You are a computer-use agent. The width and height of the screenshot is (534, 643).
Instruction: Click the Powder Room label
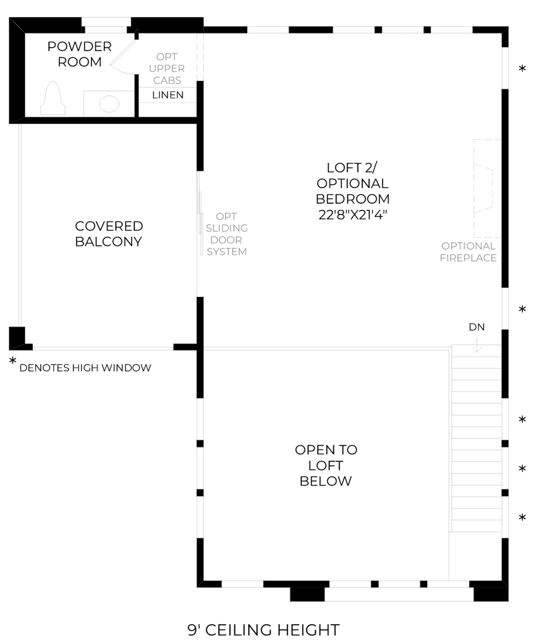pyautogui.click(x=79, y=54)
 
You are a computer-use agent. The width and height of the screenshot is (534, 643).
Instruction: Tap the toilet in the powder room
pyautogui.click(x=53, y=99)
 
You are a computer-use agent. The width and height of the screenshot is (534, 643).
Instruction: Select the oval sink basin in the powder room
pyautogui.click(x=109, y=104)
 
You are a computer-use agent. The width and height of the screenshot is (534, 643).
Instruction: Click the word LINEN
pyautogui.click(x=168, y=95)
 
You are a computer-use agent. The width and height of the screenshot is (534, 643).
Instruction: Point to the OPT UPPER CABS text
pyautogui.click(x=167, y=69)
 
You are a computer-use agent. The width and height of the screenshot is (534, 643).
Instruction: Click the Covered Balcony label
pyautogui.click(x=109, y=234)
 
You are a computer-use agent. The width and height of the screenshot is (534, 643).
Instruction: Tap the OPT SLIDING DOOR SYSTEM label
pyautogui.click(x=227, y=234)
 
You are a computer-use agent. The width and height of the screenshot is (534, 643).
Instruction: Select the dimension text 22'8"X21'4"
pyautogui.click(x=353, y=215)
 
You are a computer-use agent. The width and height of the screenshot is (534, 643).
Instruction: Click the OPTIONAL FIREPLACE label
pyautogui.click(x=468, y=252)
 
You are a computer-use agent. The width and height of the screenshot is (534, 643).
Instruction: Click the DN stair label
pyautogui.click(x=477, y=327)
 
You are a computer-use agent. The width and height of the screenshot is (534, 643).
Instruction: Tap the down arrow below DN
pyautogui.click(x=477, y=345)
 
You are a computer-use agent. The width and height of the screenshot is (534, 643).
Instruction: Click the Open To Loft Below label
pyautogui.click(x=326, y=466)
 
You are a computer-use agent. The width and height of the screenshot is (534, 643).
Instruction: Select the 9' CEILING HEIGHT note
pyautogui.click(x=263, y=630)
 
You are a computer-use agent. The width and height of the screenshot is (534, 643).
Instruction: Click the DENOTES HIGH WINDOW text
pyautogui.click(x=85, y=368)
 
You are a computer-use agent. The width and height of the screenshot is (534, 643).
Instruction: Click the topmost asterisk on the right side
pyautogui.click(x=522, y=69)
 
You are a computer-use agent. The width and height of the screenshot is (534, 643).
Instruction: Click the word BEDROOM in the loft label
pyautogui.click(x=353, y=199)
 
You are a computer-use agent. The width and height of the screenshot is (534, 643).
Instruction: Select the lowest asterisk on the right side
pyautogui.click(x=522, y=518)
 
